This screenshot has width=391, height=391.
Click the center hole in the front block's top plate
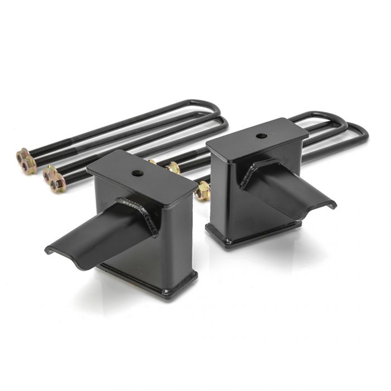(x=137, y=173)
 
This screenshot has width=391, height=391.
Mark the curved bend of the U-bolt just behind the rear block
(x=341, y=125)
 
